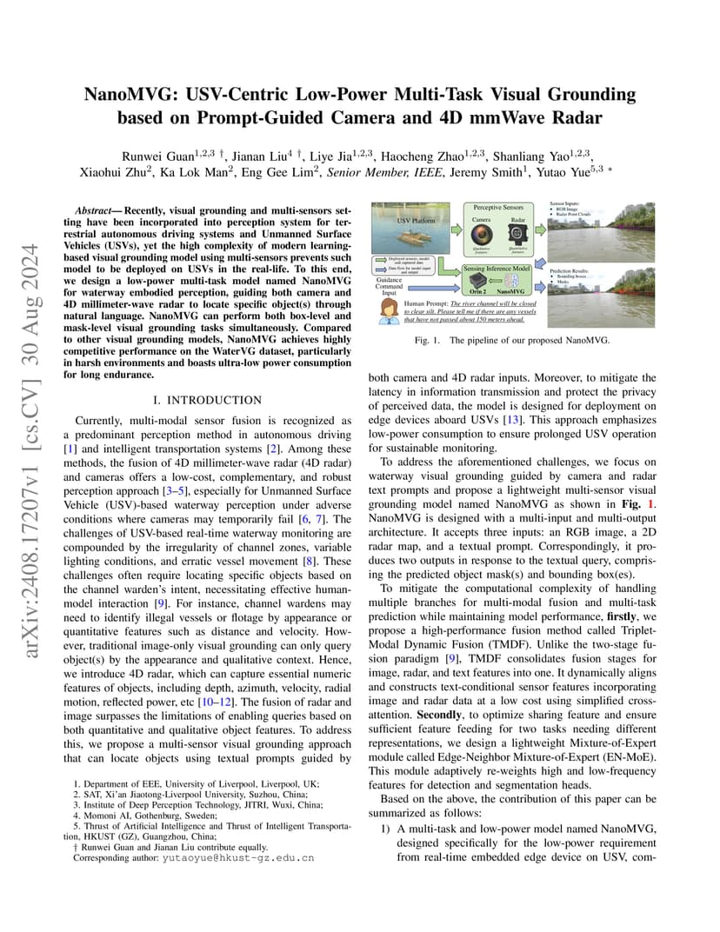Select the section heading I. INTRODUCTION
[206, 400]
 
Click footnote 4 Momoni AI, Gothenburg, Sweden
[130, 817]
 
